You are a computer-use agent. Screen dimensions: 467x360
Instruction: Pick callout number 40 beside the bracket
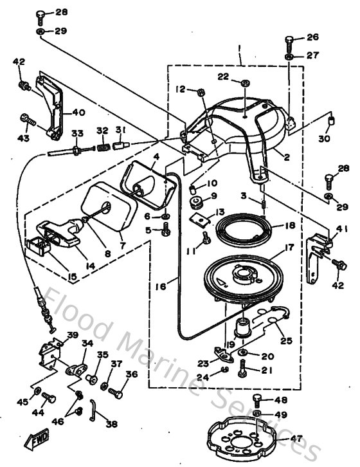pos(78,111)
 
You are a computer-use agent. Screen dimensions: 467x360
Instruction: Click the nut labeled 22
pos(246,83)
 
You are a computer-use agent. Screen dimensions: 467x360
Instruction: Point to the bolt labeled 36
pos(116,390)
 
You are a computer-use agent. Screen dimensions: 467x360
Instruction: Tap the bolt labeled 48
pos(258,398)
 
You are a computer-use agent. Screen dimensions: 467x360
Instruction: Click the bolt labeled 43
pos(26,118)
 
